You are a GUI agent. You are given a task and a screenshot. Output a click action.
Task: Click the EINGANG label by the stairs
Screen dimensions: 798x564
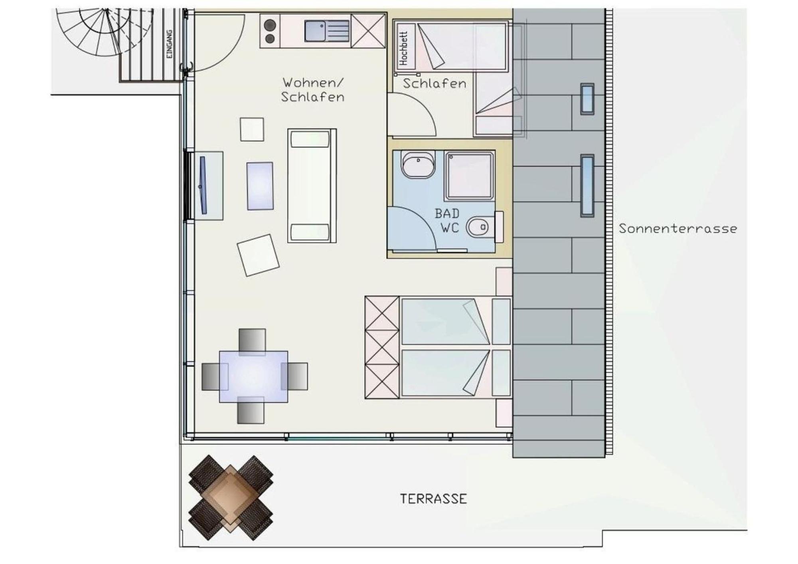tap(170, 44)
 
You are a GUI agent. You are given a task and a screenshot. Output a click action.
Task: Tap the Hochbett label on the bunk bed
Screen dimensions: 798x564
tap(404, 48)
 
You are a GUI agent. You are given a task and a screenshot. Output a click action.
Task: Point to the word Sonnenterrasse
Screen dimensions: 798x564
tap(678, 229)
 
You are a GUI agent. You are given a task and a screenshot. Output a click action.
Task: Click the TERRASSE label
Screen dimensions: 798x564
tap(433, 499)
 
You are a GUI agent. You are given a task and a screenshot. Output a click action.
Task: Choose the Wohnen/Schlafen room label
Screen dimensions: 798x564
tap(312, 90)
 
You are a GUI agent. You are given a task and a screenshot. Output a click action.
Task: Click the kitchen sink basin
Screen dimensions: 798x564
tap(315, 31)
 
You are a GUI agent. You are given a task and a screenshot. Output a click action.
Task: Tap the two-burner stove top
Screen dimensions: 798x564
tap(270, 31)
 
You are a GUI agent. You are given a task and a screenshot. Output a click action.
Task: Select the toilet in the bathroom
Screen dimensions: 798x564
tap(480, 227)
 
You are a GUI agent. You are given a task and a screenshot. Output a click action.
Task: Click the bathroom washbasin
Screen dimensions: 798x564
tap(418, 164)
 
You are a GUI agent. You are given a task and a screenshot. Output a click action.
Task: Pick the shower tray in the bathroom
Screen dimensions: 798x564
tap(470, 175)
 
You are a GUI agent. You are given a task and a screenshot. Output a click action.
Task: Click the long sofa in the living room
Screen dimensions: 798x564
tap(312, 186)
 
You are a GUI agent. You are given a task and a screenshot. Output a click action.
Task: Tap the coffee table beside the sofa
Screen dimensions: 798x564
tap(260, 186)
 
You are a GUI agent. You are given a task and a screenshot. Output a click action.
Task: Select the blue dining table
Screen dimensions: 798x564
tap(253, 376)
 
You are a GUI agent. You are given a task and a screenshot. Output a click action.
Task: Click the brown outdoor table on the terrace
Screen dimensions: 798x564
tap(231, 498)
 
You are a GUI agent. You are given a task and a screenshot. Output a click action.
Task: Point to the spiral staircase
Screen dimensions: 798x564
tap(106, 32)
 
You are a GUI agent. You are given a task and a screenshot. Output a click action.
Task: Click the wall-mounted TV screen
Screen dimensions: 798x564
tap(203, 185)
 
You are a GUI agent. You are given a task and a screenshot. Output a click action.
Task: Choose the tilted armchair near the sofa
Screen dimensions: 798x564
tap(258, 255)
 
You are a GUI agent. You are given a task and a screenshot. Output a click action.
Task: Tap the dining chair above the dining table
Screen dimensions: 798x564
tap(252, 342)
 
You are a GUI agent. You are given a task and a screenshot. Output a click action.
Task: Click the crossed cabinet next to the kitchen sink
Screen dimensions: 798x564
tap(368, 31)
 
